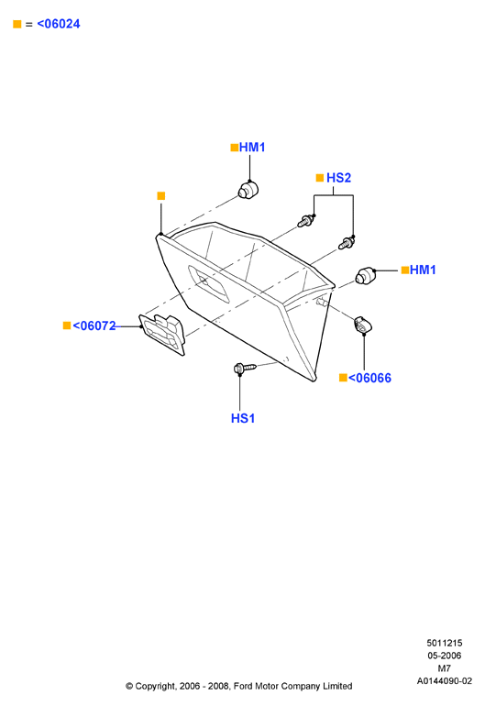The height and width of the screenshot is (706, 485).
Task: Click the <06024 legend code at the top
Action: (59, 24)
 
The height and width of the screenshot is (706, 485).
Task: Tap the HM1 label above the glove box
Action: (252, 148)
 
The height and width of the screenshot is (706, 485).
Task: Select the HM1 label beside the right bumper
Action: (423, 270)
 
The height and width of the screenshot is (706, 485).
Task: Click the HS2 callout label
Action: (338, 178)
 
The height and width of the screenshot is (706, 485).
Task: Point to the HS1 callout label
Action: (243, 418)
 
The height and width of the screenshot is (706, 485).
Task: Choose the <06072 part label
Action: (94, 325)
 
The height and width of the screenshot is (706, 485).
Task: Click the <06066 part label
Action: (369, 378)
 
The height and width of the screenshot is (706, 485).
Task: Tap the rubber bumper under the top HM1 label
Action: (248, 190)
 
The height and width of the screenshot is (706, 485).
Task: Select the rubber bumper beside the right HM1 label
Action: (365, 275)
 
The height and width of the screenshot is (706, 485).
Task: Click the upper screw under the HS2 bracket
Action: (306, 221)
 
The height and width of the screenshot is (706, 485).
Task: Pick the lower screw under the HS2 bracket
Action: (347, 243)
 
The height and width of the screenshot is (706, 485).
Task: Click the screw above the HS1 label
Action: (245, 369)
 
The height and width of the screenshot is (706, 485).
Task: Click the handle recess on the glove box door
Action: (208, 284)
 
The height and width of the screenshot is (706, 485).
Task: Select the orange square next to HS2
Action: (320, 178)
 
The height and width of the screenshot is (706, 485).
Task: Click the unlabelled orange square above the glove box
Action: (161, 196)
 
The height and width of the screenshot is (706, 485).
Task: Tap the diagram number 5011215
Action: (445, 643)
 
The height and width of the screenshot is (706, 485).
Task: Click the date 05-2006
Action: (445, 656)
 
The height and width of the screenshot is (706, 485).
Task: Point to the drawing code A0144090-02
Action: (445, 680)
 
